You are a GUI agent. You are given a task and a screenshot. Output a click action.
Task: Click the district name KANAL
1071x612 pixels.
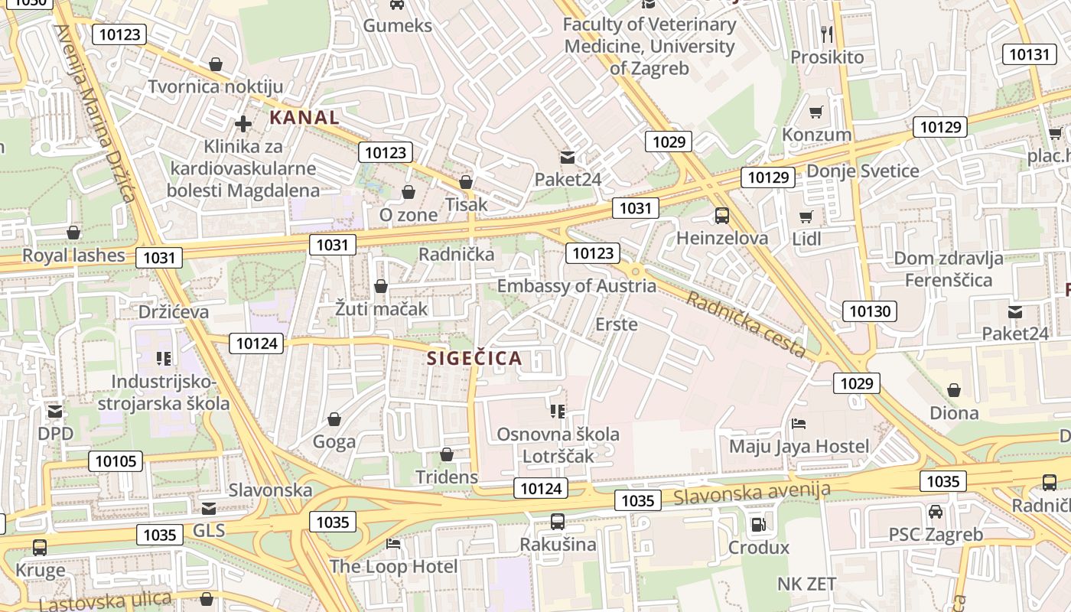click(304, 118)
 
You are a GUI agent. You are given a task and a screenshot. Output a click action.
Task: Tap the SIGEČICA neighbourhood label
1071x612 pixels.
click(474, 358)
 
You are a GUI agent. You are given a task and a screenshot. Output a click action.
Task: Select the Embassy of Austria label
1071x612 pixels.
click(576, 286)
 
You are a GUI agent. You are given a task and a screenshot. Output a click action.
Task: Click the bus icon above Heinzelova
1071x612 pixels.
click(722, 216)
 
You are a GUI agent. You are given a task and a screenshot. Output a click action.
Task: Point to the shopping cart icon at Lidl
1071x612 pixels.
click(806, 217)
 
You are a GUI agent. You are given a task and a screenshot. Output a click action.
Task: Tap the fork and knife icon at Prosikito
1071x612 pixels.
click(826, 34)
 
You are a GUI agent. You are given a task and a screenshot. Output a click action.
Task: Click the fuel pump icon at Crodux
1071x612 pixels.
click(758, 525)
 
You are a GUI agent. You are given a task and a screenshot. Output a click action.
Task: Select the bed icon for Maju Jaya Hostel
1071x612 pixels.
click(799, 424)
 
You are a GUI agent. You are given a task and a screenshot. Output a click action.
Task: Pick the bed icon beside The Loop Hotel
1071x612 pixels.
click(393, 544)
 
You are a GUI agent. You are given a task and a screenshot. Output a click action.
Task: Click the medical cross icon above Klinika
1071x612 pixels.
click(243, 123)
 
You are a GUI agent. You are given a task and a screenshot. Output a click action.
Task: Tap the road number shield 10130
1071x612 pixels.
click(870, 311)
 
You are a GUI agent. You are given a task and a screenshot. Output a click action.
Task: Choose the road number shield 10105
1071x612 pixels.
click(116, 461)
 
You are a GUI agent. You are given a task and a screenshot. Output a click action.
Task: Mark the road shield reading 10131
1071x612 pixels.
click(1029, 54)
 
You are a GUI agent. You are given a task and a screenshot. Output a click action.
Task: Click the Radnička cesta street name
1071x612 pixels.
click(745, 324)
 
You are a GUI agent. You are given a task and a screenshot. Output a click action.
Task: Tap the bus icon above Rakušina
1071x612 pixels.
click(558, 522)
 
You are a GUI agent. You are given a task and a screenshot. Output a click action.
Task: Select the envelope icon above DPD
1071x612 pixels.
click(55, 412)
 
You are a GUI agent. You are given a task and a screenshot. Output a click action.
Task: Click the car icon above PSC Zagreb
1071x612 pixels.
click(935, 511)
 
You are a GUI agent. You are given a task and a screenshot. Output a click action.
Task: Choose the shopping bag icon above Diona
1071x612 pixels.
click(954, 391)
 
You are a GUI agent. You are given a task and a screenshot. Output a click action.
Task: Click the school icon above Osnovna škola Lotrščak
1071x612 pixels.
click(558, 412)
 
